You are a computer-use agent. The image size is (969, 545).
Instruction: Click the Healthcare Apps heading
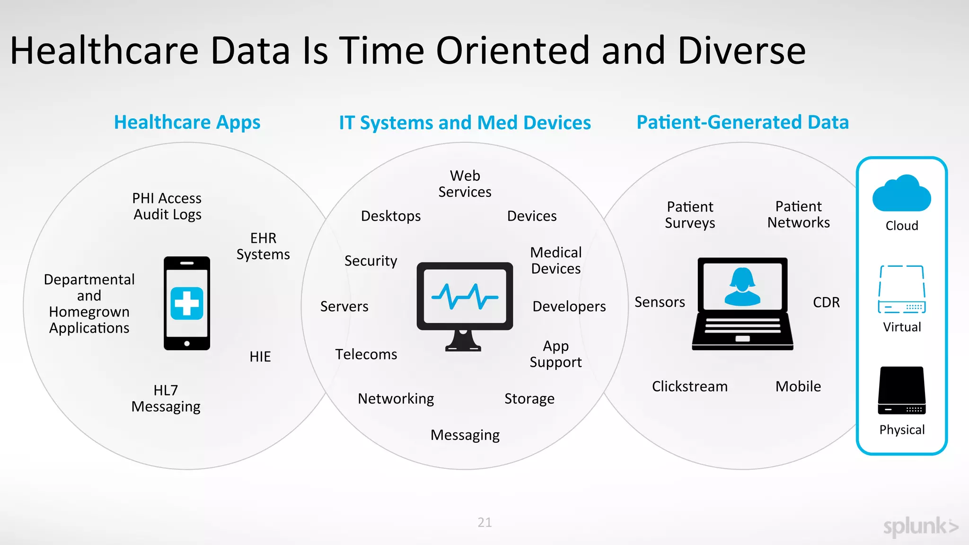pos(187,123)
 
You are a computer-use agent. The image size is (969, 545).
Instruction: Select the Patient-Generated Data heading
pos(742,123)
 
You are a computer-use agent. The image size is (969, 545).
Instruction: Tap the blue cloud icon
pos(901,193)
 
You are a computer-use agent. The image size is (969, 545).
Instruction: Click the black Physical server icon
pos(902,391)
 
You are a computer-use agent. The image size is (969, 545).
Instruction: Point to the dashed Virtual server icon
pos(902,289)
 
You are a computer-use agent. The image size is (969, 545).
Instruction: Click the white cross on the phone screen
pos(187,303)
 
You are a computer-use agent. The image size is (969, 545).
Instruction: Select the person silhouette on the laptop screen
pos(742,287)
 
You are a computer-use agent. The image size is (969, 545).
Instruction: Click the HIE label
pos(260,357)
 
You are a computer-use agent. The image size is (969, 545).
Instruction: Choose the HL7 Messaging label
pos(166,398)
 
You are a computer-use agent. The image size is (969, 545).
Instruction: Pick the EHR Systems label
pos(263,246)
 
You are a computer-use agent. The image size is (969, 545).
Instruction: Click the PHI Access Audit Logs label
pos(167,206)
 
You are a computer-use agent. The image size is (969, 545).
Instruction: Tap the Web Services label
pos(465,184)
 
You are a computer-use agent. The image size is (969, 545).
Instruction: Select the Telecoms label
pos(366,354)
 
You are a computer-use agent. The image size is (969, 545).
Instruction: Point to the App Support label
pos(555,354)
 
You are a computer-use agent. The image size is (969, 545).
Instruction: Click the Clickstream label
pos(689,387)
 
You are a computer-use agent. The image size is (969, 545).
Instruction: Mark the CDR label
pos(826,302)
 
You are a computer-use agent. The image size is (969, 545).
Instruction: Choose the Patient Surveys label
pos(690,215)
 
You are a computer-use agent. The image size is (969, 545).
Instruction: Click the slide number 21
pos(484,522)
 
